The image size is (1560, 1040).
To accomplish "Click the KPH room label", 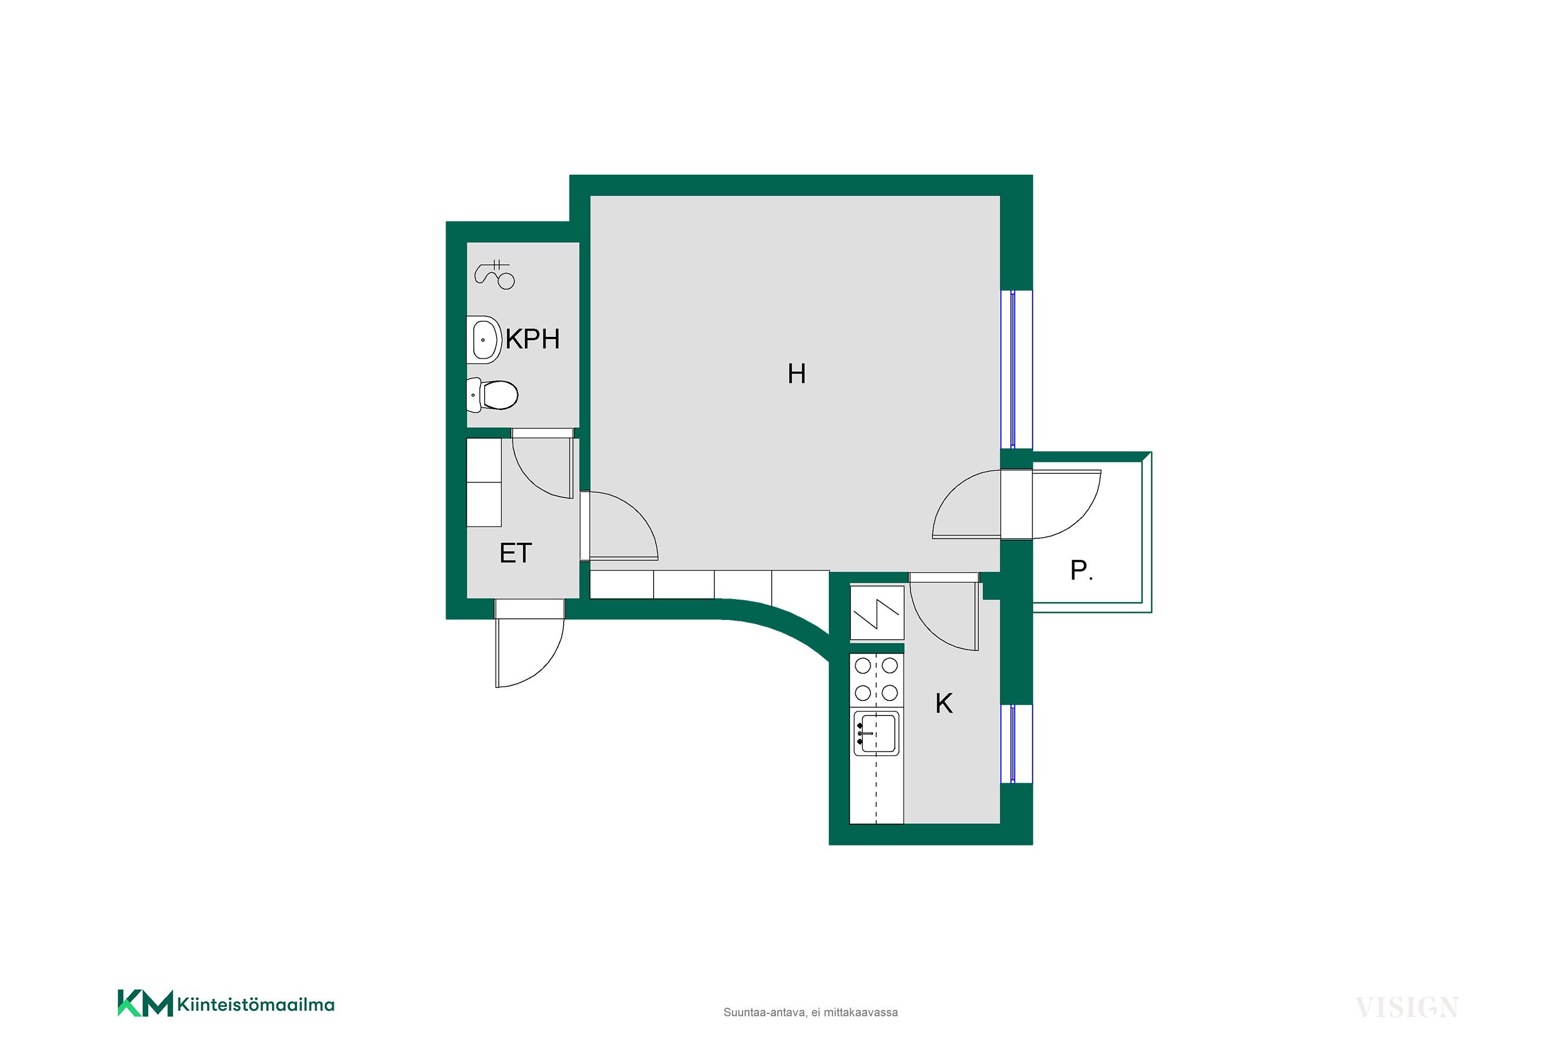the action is click(532, 339).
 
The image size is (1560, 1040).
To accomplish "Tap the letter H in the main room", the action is click(797, 374).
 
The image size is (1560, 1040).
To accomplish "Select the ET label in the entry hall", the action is click(515, 553).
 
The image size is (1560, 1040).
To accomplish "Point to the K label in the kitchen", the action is click(944, 704).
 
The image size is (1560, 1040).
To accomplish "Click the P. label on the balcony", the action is click(1081, 570).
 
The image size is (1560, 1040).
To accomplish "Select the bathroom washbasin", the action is click(484, 340).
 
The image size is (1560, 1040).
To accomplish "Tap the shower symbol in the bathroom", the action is click(495, 274).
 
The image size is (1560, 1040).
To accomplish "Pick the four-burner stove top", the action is click(876, 679).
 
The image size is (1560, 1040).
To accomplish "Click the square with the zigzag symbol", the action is click(877, 613).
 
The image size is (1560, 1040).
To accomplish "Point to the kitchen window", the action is click(1016, 744).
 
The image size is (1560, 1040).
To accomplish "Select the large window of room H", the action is click(1016, 369).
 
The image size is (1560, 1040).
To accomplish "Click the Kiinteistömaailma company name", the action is click(256, 1005).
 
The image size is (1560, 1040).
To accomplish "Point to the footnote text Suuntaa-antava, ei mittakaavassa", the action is click(811, 1012).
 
